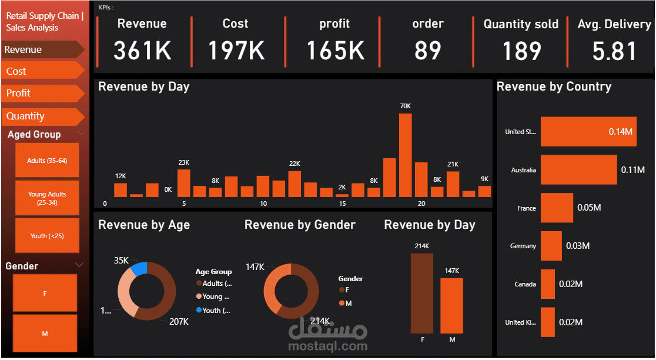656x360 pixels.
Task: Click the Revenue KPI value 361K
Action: point(142,51)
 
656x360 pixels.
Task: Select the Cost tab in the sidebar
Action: point(41,71)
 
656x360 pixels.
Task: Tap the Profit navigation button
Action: point(41,93)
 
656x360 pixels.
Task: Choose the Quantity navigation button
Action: point(41,116)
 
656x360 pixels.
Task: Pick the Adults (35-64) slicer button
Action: point(47,161)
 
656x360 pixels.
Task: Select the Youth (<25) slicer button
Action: point(47,236)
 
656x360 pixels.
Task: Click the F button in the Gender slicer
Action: point(45,293)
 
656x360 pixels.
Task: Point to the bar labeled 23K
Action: point(183,183)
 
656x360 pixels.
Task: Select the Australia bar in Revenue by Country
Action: point(578,170)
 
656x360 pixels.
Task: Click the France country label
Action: point(527,208)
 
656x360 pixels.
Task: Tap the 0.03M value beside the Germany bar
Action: point(578,246)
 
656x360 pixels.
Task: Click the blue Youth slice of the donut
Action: point(139,269)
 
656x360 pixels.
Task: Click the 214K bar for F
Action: point(421,293)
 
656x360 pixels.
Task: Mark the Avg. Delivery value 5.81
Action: point(614,51)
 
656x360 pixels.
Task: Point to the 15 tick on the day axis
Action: point(342,204)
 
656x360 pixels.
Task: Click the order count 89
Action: point(427,51)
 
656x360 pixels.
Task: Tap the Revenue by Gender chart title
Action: point(300,225)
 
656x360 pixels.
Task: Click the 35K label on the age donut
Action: point(122,261)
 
